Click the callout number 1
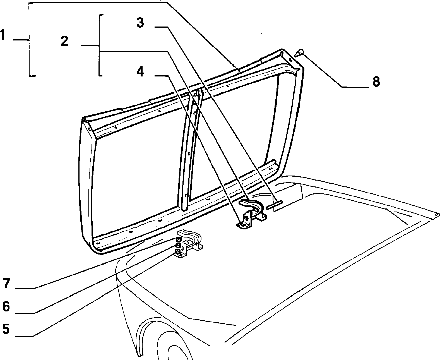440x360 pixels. click(x=3, y=35)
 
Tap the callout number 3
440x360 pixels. click(x=140, y=23)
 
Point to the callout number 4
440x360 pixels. click(x=140, y=72)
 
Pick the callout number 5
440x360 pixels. click(x=6, y=329)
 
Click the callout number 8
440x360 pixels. click(x=376, y=81)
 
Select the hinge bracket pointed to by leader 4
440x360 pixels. click(x=252, y=215)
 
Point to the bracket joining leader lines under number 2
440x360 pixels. click(x=99, y=45)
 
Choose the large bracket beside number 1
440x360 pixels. click(x=29, y=39)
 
